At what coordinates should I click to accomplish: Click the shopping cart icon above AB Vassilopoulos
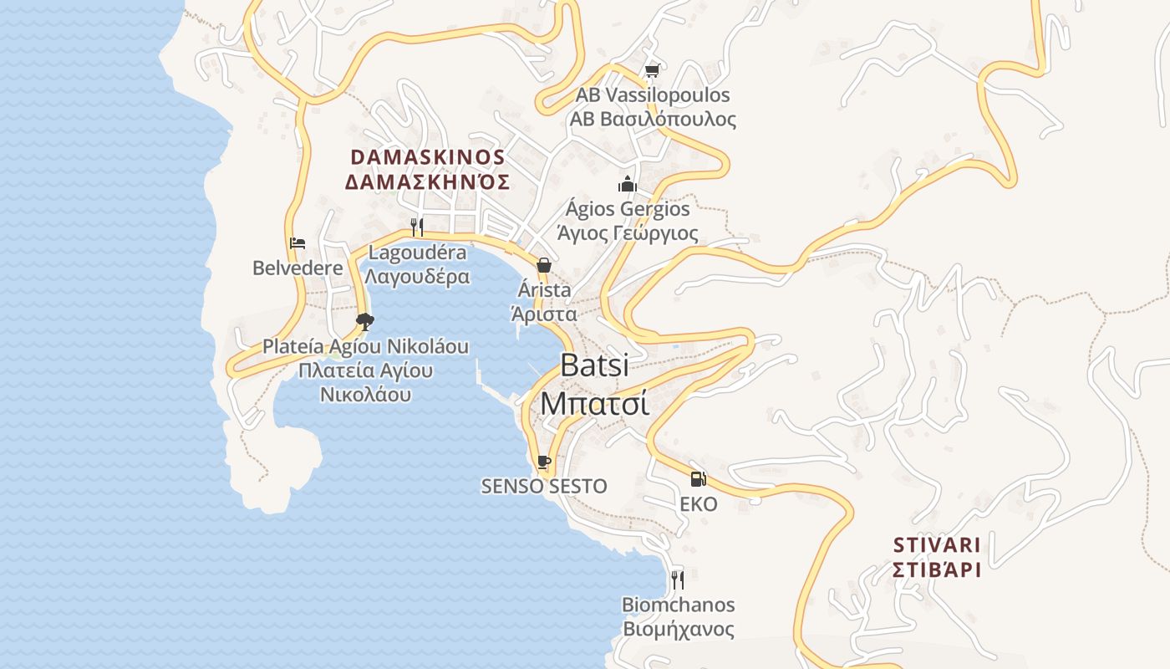coord(652,71)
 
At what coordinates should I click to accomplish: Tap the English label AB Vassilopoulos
coord(653,95)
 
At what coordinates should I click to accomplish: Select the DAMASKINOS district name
coord(427,157)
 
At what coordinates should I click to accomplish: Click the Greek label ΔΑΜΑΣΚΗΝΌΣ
coord(427,182)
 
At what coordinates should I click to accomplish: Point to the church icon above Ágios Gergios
coord(628,184)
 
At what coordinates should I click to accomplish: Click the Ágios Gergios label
coord(628,208)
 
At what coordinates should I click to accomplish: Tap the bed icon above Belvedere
coord(298,243)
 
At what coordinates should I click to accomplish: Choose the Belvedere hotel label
coord(298,268)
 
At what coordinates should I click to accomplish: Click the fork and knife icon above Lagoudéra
coord(417,227)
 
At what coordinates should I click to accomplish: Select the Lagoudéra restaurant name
coord(418,253)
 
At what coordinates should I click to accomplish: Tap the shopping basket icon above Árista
coord(544,265)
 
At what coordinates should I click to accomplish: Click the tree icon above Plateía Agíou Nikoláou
coord(364,321)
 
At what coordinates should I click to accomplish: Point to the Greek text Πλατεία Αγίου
coord(365,370)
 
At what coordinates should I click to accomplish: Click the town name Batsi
coord(594,365)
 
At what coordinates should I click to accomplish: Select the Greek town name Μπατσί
coord(594,403)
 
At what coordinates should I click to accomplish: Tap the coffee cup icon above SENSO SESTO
coord(544,462)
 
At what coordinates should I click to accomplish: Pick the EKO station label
coord(699,503)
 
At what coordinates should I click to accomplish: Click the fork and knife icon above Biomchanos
coord(678,579)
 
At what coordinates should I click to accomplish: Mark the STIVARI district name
coord(936,545)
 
